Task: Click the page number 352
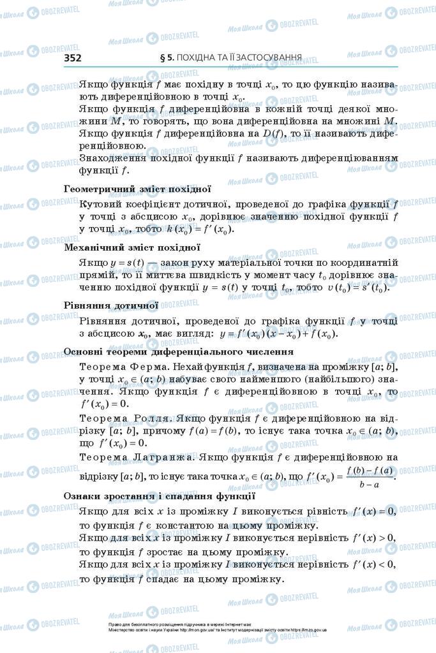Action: pyautogui.click(x=73, y=58)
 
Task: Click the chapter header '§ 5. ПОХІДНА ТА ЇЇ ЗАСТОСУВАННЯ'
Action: pyautogui.click(x=230, y=58)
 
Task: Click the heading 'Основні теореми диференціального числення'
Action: pyautogui.click(x=179, y=351)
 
